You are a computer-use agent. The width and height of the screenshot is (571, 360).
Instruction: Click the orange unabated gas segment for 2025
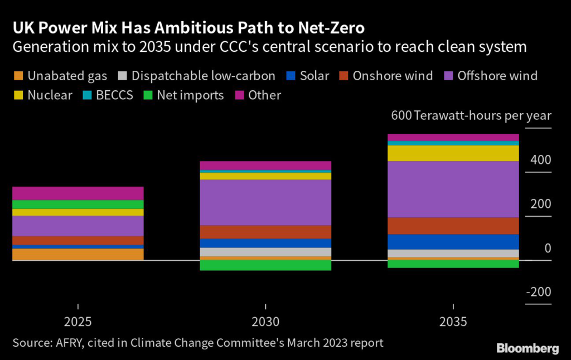(78, 254)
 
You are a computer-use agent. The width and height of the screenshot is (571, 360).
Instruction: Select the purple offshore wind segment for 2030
(265, 202)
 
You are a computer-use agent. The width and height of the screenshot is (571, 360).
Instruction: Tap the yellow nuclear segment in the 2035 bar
(453, 153)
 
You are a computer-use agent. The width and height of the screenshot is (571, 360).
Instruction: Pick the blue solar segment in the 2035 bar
(453, 242)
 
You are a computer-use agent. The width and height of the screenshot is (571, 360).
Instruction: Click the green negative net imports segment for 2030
(265, 265)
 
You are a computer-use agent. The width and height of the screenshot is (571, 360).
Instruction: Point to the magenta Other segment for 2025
(78, 193)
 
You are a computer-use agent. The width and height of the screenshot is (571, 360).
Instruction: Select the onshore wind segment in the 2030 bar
(265, 232)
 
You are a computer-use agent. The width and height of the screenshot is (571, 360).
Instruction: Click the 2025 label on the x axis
(78, 323)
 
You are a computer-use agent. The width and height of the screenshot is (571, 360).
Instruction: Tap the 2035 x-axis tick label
(453, 323)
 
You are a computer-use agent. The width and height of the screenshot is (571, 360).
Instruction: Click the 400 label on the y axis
(540, 160)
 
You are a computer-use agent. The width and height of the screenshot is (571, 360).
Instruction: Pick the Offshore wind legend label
(497, 76)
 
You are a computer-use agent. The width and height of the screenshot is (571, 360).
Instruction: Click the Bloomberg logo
(528, 349)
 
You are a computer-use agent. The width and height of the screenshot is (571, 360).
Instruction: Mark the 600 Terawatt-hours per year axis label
(471, 116)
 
